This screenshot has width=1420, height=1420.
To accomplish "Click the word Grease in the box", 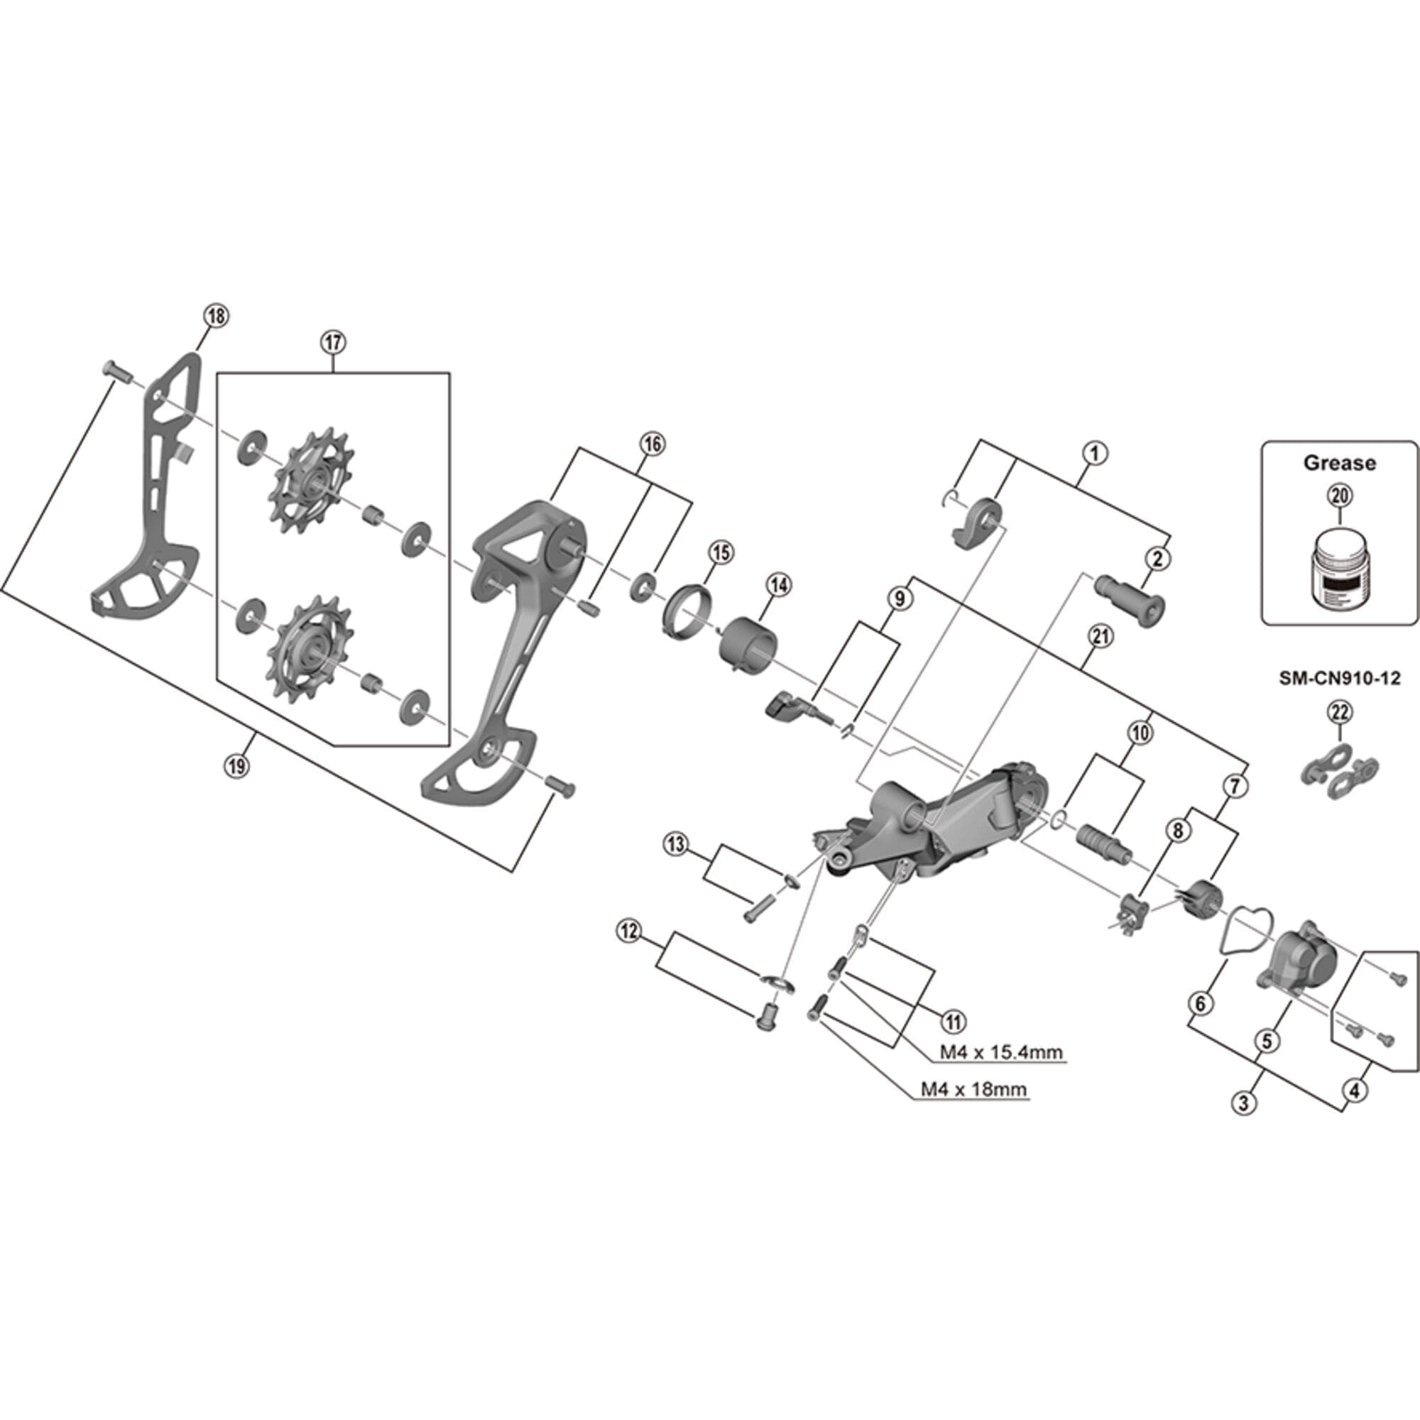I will [x=1339, y=463].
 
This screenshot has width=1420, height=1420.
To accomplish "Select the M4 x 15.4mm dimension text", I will [x=1002, y=1052].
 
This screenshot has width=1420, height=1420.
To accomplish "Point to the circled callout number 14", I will [x=778, y=585].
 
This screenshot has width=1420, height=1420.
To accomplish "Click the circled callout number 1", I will [x=1094, y=453].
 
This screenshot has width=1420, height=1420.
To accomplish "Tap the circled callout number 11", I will [x=954, y=1020].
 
